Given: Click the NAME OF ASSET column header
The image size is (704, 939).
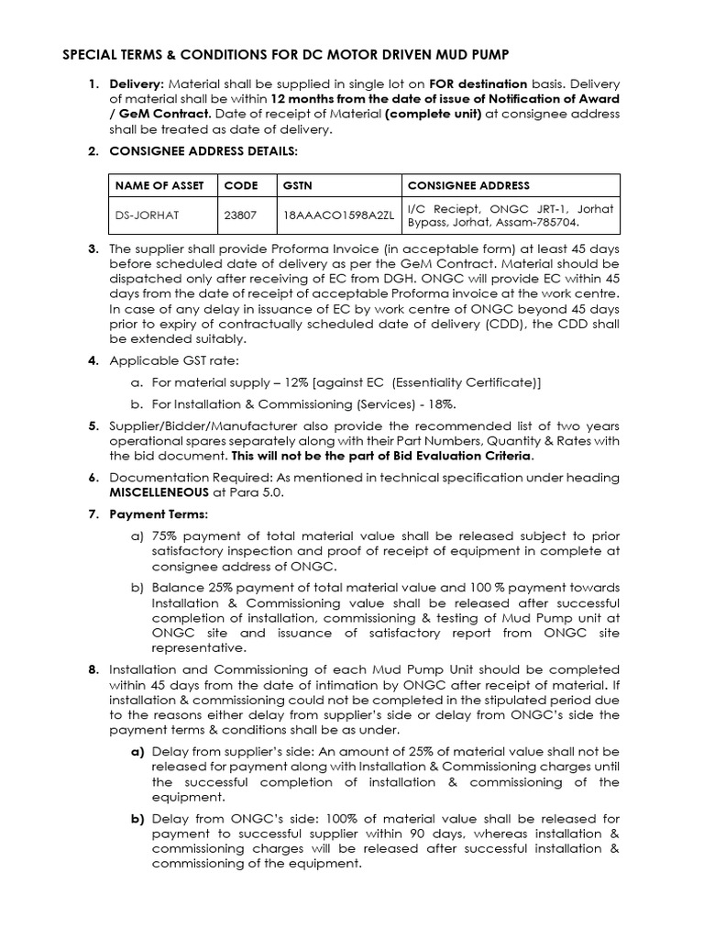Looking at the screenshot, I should pyautogui.click(x=158, y=185).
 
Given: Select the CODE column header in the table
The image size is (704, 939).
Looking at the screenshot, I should pyautogui.click(x=240, y=185).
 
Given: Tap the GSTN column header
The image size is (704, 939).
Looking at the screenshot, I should pyautogui.click(x=298, y=185).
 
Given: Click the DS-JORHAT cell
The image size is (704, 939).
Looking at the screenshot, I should pyautogui.click(x=147, y=215).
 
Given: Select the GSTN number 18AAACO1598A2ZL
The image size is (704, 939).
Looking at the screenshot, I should pyautogui.click(x=337, y=215).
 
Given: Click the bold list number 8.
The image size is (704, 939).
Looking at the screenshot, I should pyautogui.click(x=93, y=669).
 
